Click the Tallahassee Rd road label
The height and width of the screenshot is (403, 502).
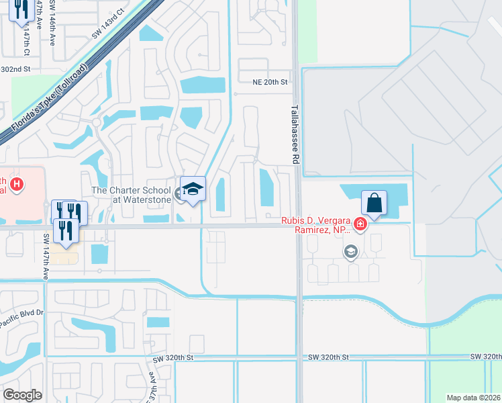point(295,134)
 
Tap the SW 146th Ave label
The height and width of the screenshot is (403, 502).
point(52,24)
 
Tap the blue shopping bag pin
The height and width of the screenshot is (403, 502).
point(374,203)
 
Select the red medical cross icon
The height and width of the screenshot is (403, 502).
point(360,224)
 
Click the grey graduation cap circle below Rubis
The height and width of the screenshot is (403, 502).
point(350,252)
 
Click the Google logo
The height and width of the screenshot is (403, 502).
point(22,394)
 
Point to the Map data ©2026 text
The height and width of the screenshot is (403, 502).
point(473,398)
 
